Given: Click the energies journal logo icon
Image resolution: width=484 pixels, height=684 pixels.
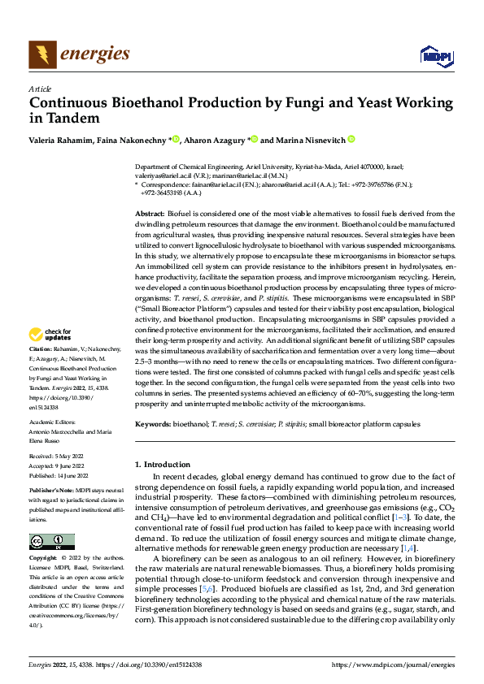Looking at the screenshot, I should click(x=41, y=54).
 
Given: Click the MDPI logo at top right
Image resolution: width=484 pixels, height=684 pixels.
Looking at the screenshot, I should click(x=435, y=54).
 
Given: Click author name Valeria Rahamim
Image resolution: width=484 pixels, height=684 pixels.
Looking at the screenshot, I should click(x=57, y=140).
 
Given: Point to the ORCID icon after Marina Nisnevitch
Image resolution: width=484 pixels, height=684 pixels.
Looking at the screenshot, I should click(x=351, y=139).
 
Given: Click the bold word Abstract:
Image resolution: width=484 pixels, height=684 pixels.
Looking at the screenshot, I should click(x=150, y=211).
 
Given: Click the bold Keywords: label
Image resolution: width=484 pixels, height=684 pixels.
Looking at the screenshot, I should click(x=155, y=424).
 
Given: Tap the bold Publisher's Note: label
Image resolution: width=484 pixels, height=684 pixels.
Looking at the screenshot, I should click(x=53, y=491).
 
